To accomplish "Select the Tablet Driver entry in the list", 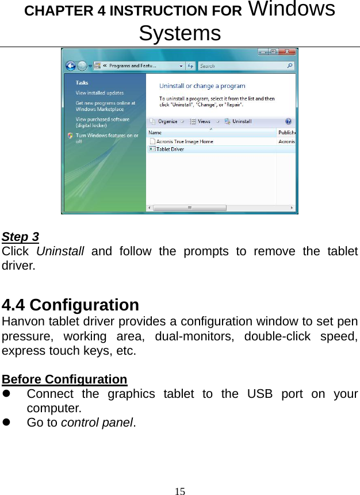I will click(170, 149).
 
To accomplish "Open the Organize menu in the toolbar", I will click(167, 121).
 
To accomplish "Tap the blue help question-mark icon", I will click(288, 121).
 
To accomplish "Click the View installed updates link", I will click(99, 93).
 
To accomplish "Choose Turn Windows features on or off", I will click(106, 138).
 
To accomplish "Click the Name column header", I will click(155, 132).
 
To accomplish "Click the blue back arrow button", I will click(70, 66).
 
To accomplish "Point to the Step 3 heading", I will click(21, 237).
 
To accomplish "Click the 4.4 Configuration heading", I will click(71, 304).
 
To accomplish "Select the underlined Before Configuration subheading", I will click(64, 379).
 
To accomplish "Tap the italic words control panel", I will click(97, 423).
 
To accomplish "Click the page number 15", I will click(180, 491).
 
